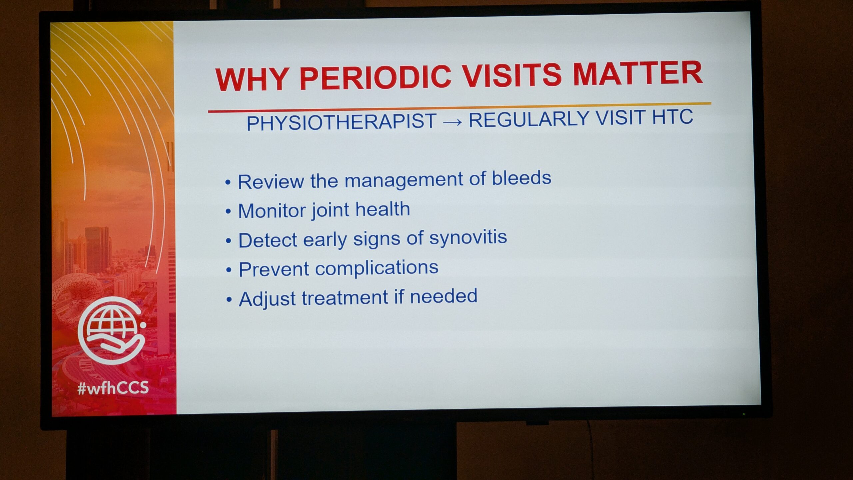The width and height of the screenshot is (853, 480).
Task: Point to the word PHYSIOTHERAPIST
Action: pos(342,122)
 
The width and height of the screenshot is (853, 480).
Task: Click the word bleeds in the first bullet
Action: pos(521,178)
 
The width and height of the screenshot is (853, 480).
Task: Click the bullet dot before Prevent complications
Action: pos(229,270)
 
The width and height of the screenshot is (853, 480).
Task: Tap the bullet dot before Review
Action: pos(228,183)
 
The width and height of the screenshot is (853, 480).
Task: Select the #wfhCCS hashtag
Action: pos(113,388)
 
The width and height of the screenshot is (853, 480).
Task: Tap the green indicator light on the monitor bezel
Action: pos(744,414)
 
